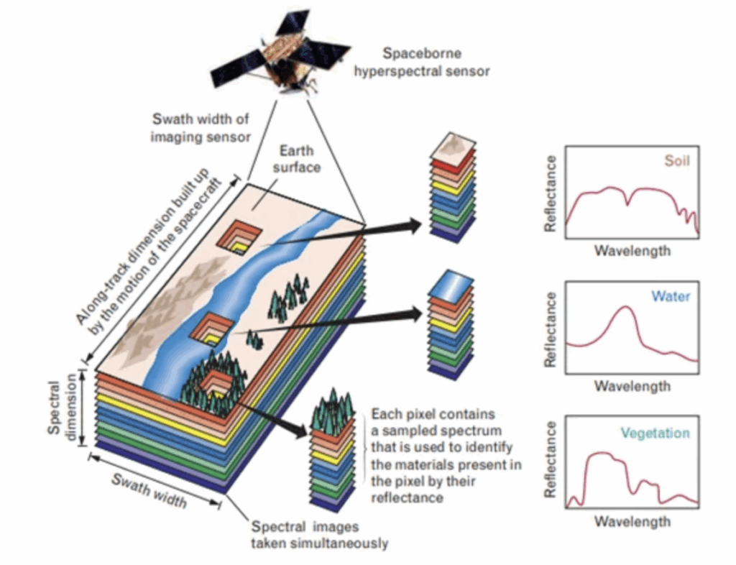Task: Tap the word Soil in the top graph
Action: point(677,161)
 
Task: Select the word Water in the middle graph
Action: point(671,296)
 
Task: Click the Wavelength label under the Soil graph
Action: point(632,250)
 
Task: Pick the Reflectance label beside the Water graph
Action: point(550,329)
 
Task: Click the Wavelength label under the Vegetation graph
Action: point(632,521)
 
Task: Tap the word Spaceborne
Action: point(422,53)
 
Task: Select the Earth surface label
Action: point(297,159)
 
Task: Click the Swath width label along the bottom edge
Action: point(149,490)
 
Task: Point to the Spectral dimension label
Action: point(63,408)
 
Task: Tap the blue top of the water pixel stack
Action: point(451,285)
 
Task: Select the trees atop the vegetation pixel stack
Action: point(332,410)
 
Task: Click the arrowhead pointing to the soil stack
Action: point(414,226)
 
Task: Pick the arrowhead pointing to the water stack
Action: point(415,314)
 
